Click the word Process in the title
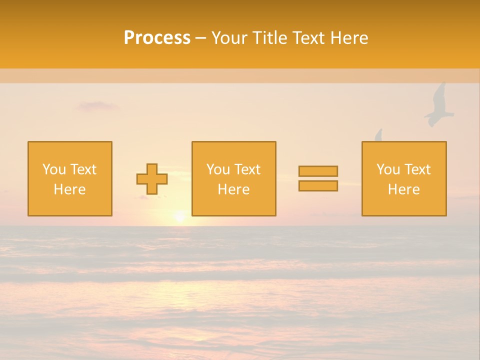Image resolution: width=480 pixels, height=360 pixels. (157, 38)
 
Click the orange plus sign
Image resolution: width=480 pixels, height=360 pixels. (152, 179)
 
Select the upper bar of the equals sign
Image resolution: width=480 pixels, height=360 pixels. (318, 171)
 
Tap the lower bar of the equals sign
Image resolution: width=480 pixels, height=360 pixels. (318, 186)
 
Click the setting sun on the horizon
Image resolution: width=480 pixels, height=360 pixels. (179, 217)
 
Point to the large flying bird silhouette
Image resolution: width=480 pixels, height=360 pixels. (438, 106)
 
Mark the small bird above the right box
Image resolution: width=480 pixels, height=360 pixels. (378, 135)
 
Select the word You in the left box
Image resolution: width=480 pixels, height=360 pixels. (53, 169)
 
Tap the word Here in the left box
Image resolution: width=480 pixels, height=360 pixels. (69, 189)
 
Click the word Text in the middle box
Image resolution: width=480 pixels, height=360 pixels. (247, 169)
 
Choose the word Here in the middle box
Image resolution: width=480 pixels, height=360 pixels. (233, 189)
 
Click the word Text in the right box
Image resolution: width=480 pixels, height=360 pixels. (417, 169)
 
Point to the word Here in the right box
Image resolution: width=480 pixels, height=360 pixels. (403, 189)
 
